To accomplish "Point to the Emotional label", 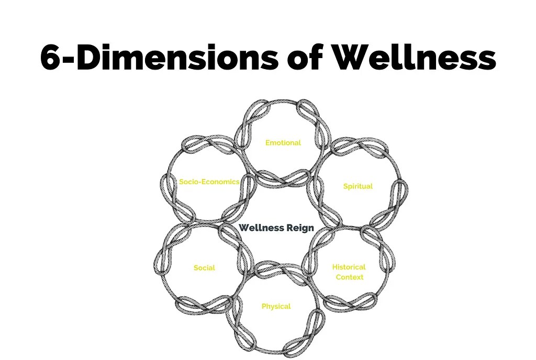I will (x=283, y=143).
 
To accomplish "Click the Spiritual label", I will (x=358, y=186).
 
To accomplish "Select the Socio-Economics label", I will (x=209, y=182).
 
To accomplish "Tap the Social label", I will (x=204, y=268).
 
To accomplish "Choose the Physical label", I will (x=276, y=306).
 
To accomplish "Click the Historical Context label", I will (x=349, y=272).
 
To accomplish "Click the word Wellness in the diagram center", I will (x=262, y=228).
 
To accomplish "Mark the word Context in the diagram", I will (x=349, y=277).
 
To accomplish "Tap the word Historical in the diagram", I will (x=349, y=267).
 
